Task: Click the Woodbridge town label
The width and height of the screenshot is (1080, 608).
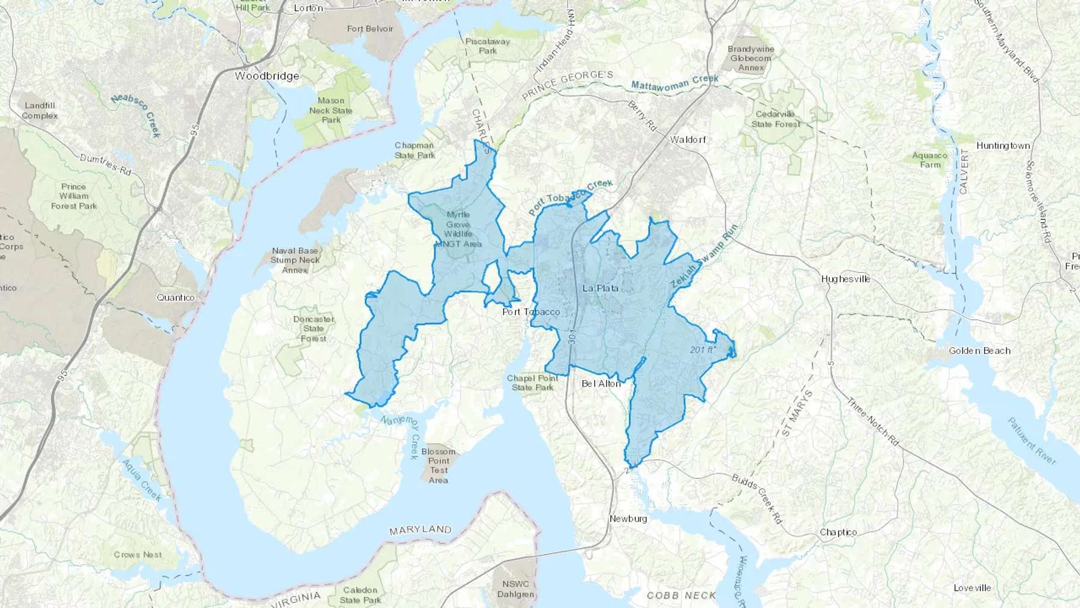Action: pyautogui.click(x=267, y=76)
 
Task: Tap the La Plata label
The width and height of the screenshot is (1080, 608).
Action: pyautogui.click(x=600, y=288)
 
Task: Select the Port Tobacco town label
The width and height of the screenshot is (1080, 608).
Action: pyautogui.click(x=531, y=312)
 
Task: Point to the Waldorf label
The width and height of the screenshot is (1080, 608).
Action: pyautogui.click(x=688, y=140)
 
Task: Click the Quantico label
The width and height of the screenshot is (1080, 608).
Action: pyautogui.click(x=176, y=298)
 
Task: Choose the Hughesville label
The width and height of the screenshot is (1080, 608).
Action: pyautogui.click(x=845, y=279)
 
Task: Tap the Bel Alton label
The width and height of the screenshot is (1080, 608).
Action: pyautogui.click(x=601, y=384)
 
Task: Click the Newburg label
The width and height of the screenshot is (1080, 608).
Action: pyautogui.click(x=628, y=519)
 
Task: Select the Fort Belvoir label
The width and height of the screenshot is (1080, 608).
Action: pyautogui.click(x=370, y=29)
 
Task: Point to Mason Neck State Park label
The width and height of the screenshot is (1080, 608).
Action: pyautogui.click(x=331, y=110)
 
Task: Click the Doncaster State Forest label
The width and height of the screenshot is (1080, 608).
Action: pyautogui.click(x=313, y=328)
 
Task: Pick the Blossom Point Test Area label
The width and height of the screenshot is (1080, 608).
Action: pyautogui.click(x=439, y=466)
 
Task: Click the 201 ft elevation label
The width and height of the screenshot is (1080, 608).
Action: pyautogui.click(x=703, y=350)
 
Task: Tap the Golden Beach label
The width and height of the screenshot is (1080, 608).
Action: pyautogui.click(x=980, y=351)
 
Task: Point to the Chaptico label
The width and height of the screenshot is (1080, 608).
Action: pyautogui.click(x=838, y=532)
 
